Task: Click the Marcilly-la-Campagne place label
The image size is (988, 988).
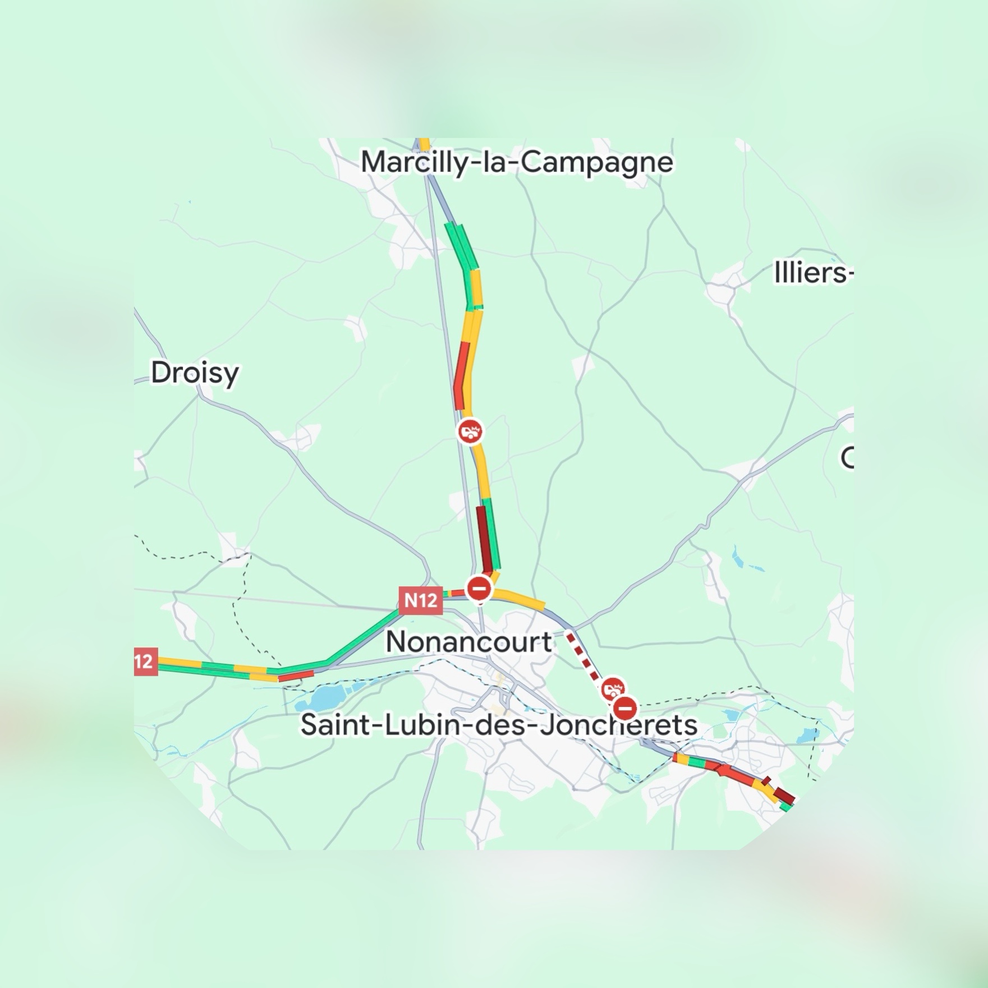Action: click(x=516, y=162)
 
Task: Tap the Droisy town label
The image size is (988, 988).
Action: click(x=195, y=373)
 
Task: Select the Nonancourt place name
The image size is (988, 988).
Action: click(x=469, y=641)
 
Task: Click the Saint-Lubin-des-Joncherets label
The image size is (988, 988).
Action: click(x=499, y=724)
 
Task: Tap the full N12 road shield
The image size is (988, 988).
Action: click(x=420, y=600)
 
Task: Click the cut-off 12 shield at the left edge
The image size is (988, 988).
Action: click(x=145, y=661)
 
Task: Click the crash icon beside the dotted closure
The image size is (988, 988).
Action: click(x=613, y=688)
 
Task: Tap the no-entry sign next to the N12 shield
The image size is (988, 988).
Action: click(x=479, y=589)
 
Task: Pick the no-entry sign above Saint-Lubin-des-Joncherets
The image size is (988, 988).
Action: click(x=624, y=709)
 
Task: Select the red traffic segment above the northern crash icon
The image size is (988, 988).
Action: click(x=461, y=376)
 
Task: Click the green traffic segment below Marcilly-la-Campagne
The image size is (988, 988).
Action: click(x=461, y=247)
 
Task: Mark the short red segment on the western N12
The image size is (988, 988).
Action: click(x=296, y=675)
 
